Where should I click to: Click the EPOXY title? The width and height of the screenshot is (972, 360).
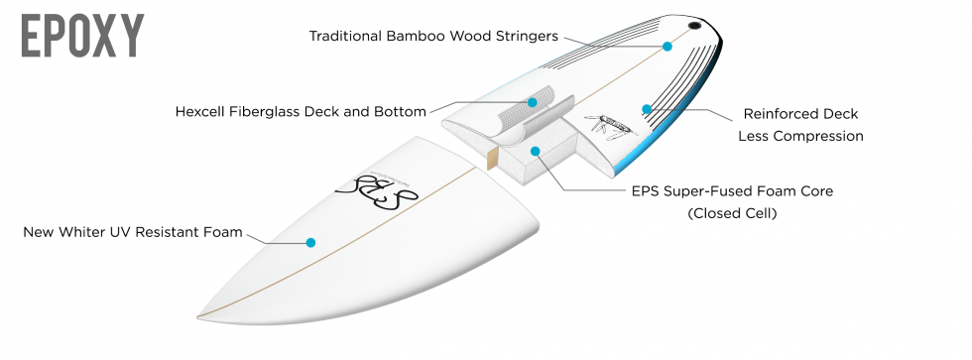coord(82,36)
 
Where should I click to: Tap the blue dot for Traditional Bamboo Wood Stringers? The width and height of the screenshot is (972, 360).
coord(668,46)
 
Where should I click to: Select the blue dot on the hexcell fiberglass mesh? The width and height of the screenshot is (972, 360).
coord(533,102)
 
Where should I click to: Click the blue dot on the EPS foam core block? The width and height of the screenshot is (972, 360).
coord(536,152)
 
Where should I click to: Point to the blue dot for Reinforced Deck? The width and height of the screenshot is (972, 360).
coord(647,109)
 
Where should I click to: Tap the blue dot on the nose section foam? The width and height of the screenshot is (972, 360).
coord(310,241)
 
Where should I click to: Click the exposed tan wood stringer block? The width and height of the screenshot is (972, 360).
coord(491,156)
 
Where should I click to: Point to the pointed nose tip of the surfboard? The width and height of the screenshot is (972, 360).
coord(199,316)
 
